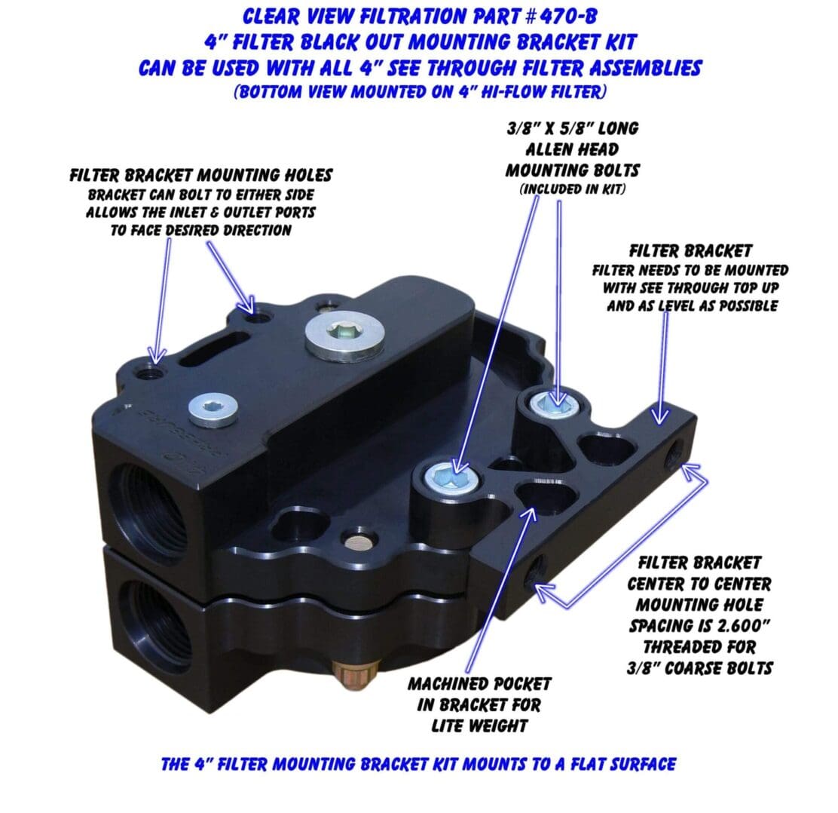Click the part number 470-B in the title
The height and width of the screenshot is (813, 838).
(568, 17)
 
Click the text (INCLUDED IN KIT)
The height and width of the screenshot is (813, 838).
(572, 189)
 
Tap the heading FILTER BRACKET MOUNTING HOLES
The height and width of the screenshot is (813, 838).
(201, 175)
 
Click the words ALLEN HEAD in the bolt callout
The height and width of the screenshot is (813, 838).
(572, 149)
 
